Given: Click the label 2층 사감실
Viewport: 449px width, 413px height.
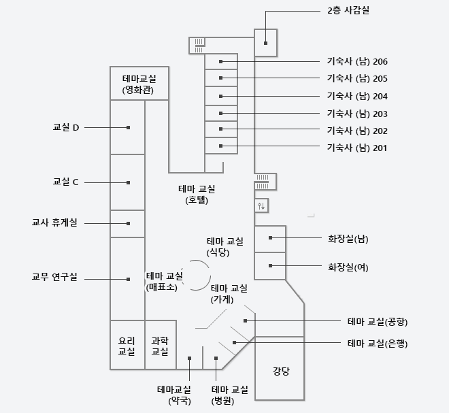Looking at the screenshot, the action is point(348,11).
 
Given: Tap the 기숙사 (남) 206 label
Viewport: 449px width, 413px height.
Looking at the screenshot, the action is point(357,62).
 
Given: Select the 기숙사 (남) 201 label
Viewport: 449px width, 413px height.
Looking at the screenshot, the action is point(357,148).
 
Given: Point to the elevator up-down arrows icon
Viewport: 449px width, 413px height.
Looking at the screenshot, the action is point(261,205).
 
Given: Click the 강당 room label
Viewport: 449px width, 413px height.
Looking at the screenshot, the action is point(281,371).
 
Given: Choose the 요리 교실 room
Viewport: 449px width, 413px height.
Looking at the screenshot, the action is point(127,346).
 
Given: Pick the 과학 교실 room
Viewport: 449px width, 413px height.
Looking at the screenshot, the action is point(160,346).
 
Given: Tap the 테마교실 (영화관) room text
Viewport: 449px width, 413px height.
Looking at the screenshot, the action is point(139,84).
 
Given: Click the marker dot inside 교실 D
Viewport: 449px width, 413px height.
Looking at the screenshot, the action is point(129,127).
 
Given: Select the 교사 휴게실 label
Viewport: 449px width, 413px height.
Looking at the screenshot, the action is point(54,222).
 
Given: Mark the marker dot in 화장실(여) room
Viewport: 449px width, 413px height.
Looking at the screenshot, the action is point(270,266).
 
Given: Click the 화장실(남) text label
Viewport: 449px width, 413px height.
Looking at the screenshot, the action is point(348,239).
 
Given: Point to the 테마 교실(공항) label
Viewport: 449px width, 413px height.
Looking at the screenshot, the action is point(378,322).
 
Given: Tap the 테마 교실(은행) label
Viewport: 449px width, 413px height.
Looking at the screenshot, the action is point(378,343).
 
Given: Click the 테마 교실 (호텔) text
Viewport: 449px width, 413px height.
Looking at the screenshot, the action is point(197,195).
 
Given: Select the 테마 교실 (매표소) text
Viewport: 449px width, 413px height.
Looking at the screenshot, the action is point(165,282).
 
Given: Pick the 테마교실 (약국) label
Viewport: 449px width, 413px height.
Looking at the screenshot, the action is point(174,395).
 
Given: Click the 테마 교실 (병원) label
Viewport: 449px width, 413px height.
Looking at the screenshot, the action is point(230,395).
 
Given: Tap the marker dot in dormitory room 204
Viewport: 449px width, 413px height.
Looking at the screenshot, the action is point(221,96).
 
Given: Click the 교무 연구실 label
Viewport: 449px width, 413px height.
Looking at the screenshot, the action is point(54,277).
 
